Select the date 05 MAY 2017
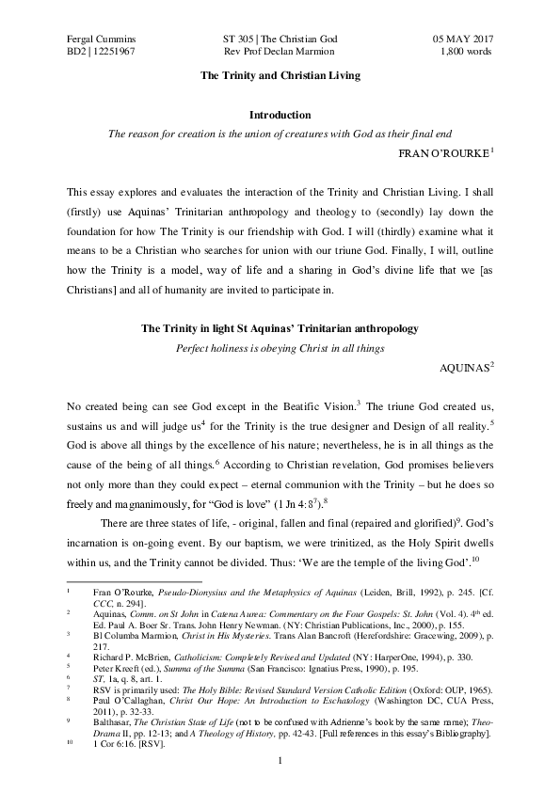(463, 37)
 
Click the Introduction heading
(280, 115)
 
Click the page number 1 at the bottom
(280, 759)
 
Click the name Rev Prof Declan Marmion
(280, 52)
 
